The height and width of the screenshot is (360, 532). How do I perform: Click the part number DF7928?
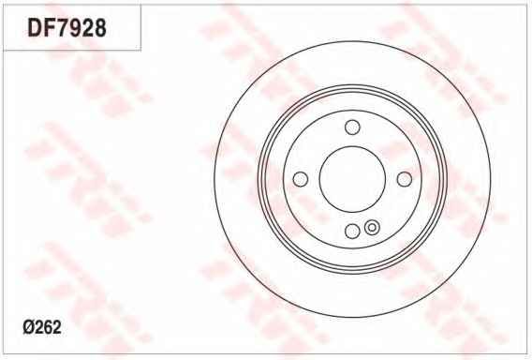click(66, 27)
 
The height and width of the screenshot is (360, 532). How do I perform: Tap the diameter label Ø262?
click(42, 327)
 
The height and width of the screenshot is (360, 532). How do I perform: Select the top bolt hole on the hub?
click(352, 127)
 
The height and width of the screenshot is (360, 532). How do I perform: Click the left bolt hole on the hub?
click(300, 179)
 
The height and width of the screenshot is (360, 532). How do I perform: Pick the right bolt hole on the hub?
click(405, 179)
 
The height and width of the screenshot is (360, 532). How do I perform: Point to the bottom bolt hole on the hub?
click(352, 232)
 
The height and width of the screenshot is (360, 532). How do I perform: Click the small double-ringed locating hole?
click(372, 227)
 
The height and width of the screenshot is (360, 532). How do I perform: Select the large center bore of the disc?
click(352, 179)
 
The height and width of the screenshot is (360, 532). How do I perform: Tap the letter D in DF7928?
click(35, 27)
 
